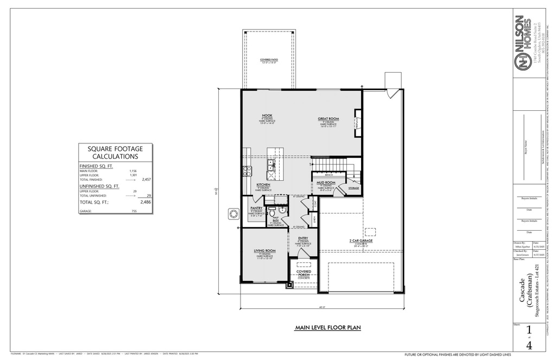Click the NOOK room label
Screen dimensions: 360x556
[267, 115]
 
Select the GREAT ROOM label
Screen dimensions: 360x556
[328, 118]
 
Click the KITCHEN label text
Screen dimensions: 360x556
[263, 184]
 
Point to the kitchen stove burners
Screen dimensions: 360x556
[247, 171]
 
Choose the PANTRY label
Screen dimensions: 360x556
[256, 207]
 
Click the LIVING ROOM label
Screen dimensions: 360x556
[264, 250]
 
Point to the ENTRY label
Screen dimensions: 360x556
[303, 238]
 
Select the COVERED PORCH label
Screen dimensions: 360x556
[304, 273]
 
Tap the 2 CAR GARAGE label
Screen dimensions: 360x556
[361, 241]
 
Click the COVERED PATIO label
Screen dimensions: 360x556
[268, 60]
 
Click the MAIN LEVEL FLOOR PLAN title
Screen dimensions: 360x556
[327, 327]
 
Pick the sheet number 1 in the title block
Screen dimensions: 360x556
[529, 331]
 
